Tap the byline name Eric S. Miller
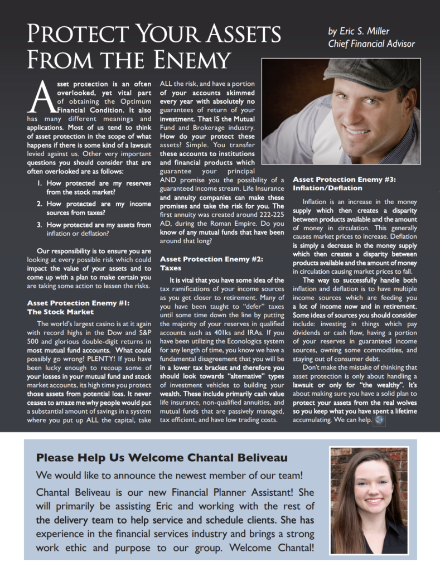(x=359, y=31)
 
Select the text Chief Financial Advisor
(x=371, y=44)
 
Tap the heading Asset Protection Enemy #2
(x=211, y=259)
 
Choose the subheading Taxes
(x=171, y=268)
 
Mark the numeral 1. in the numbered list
(x=40, y=182)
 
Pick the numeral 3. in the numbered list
(x=40, y=225)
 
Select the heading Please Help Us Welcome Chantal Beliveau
(x=162, y=458)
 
